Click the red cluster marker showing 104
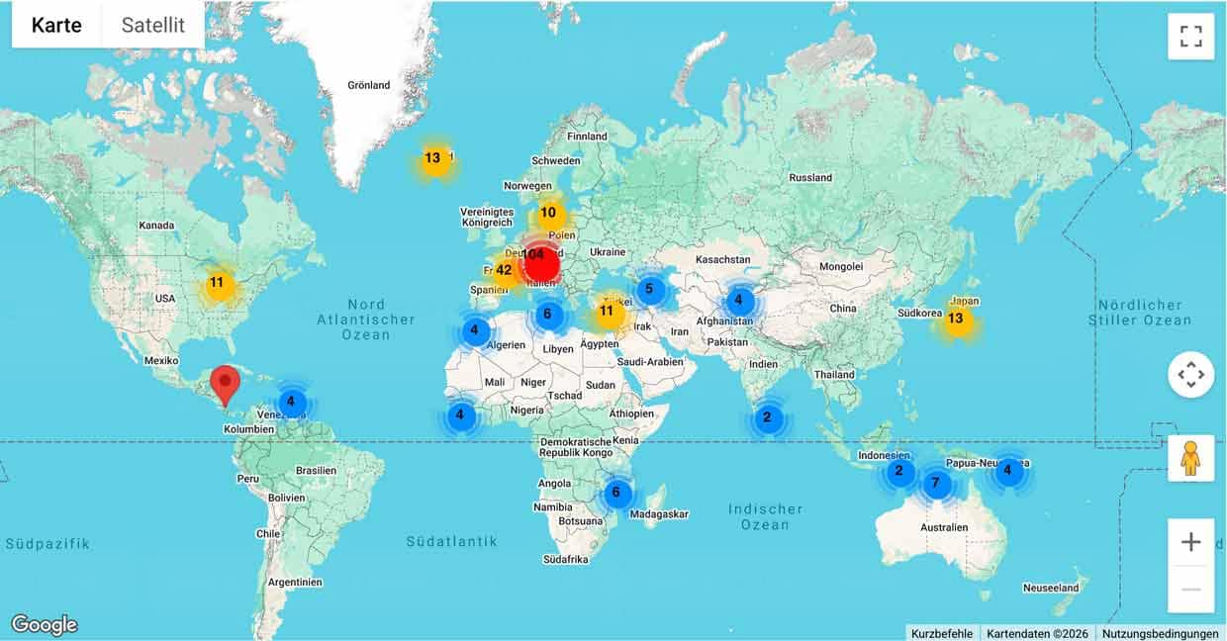540,262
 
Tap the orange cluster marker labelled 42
505,270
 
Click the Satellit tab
153,26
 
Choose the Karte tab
56,26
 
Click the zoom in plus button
1190,542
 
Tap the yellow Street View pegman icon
1190,458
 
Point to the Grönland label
369,86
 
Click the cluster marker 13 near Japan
956,320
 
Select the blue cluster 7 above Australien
935,485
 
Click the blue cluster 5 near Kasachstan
650,290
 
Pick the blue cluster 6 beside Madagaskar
616,493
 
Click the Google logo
45,625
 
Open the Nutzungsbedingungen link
1161,633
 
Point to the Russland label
810,178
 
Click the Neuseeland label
1051,588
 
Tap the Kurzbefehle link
942,633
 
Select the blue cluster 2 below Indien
767,417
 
